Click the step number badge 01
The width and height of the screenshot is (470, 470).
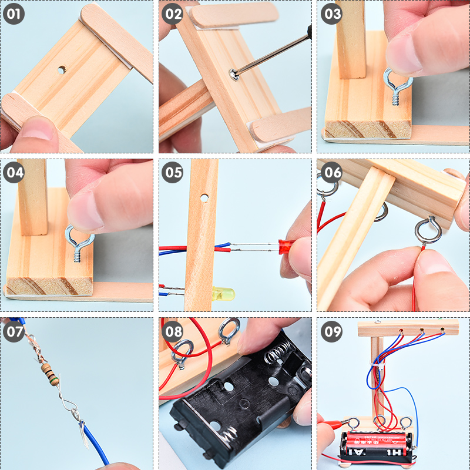point(14,14)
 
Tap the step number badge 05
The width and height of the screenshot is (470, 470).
point(172,172)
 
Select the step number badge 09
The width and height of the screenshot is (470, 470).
point(331,331)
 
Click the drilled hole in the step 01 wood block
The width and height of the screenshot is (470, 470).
point(62,70)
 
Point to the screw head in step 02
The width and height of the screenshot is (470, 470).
point(234,75)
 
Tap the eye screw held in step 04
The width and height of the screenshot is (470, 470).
point(79,243)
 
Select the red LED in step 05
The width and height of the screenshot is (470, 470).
point(286,246)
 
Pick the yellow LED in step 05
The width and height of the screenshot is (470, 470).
point(223,293)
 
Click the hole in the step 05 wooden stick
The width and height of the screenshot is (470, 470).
point(204,198)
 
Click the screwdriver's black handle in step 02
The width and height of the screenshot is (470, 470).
point(309,32)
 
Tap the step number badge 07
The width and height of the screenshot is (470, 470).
point(14,331)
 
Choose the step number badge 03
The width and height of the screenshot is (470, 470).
point(331,14)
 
